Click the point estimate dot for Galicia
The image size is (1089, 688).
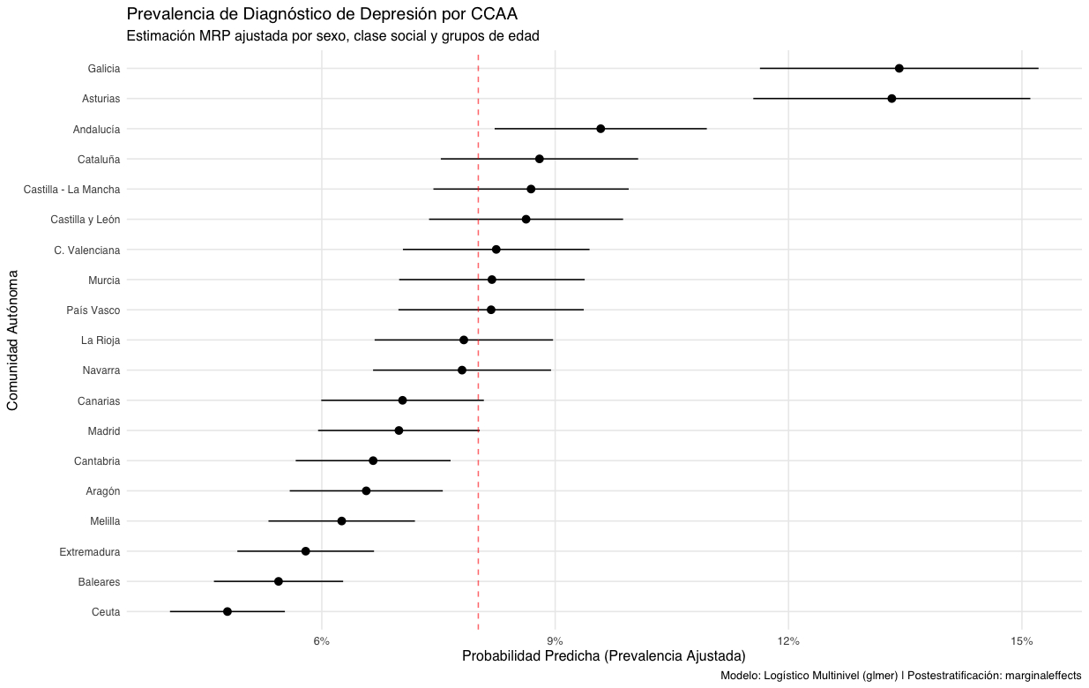coord(899,68)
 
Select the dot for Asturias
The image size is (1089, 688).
coord(891,99)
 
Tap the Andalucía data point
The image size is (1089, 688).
coord(600,129)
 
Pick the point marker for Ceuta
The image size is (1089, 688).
coord(227,611)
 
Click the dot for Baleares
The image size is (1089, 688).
coord(279,581)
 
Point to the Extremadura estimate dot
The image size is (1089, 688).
coord(306,551)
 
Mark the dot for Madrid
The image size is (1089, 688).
coord(399,430)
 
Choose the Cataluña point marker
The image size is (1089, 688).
coord(540,159)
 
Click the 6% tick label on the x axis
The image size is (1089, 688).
coord(322,639)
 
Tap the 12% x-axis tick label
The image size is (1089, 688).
coord(788,639)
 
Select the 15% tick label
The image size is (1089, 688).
coord(1022,639)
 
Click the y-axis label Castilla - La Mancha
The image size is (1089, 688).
coord(72,189)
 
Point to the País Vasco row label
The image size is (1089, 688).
coord(93,310)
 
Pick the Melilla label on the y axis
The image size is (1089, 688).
coord(105,521)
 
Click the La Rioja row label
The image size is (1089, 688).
coord(101,340)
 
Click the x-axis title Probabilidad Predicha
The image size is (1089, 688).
coord(604,656)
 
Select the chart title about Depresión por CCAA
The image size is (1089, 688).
coord(322,14)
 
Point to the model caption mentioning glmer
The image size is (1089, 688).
coord(900,676)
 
